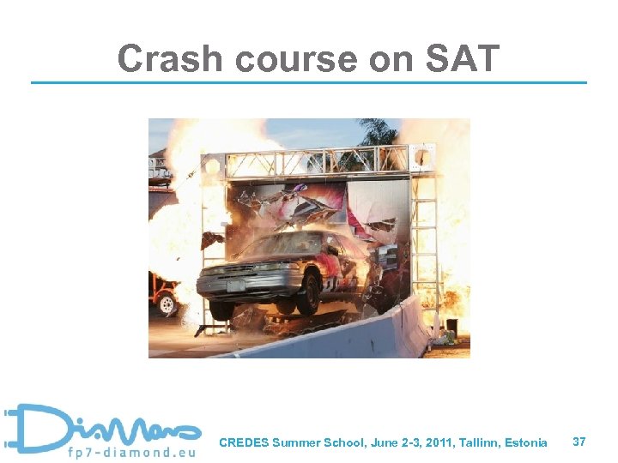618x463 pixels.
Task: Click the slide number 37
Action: (579, 442)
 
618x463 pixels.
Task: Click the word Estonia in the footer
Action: (526, 442)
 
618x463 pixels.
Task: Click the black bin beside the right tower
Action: (451, 327)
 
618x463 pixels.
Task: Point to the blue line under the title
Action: (309, 82)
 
